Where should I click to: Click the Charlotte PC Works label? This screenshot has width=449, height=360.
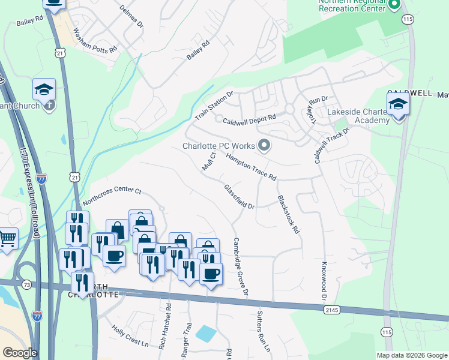tap(218, 146)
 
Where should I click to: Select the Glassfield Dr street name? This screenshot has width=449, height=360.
tap(240, 196)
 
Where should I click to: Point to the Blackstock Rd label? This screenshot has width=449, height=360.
tap(288, 214)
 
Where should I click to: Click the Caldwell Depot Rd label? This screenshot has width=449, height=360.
tap(249, 120)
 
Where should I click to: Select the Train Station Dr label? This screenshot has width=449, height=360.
tap(213, 105)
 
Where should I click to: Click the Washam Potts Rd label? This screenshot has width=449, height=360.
tap(95, 41)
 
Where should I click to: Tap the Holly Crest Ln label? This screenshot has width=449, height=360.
tap(130, 335)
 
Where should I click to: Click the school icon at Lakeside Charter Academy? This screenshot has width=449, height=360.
tap(399, 104)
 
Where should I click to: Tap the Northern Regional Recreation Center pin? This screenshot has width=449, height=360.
tap(394, 5)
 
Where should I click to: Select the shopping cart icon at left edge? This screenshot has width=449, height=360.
tap(7, 238)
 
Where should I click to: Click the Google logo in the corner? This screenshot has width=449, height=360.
tap(19, 353)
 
